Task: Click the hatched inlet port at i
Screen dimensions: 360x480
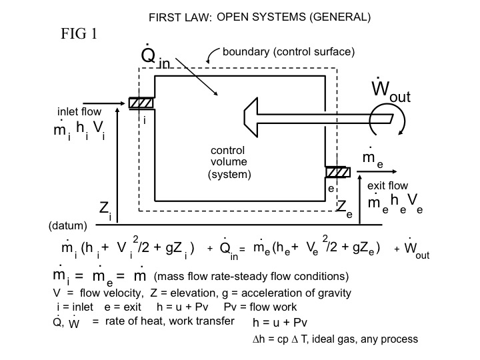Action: (x=141, y=103)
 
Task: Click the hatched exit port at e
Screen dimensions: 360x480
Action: (x=338, y=172)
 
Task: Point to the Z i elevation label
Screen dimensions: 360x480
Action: (x=105, y=210)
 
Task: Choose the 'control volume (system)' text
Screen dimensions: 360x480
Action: (x=228, y=162)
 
